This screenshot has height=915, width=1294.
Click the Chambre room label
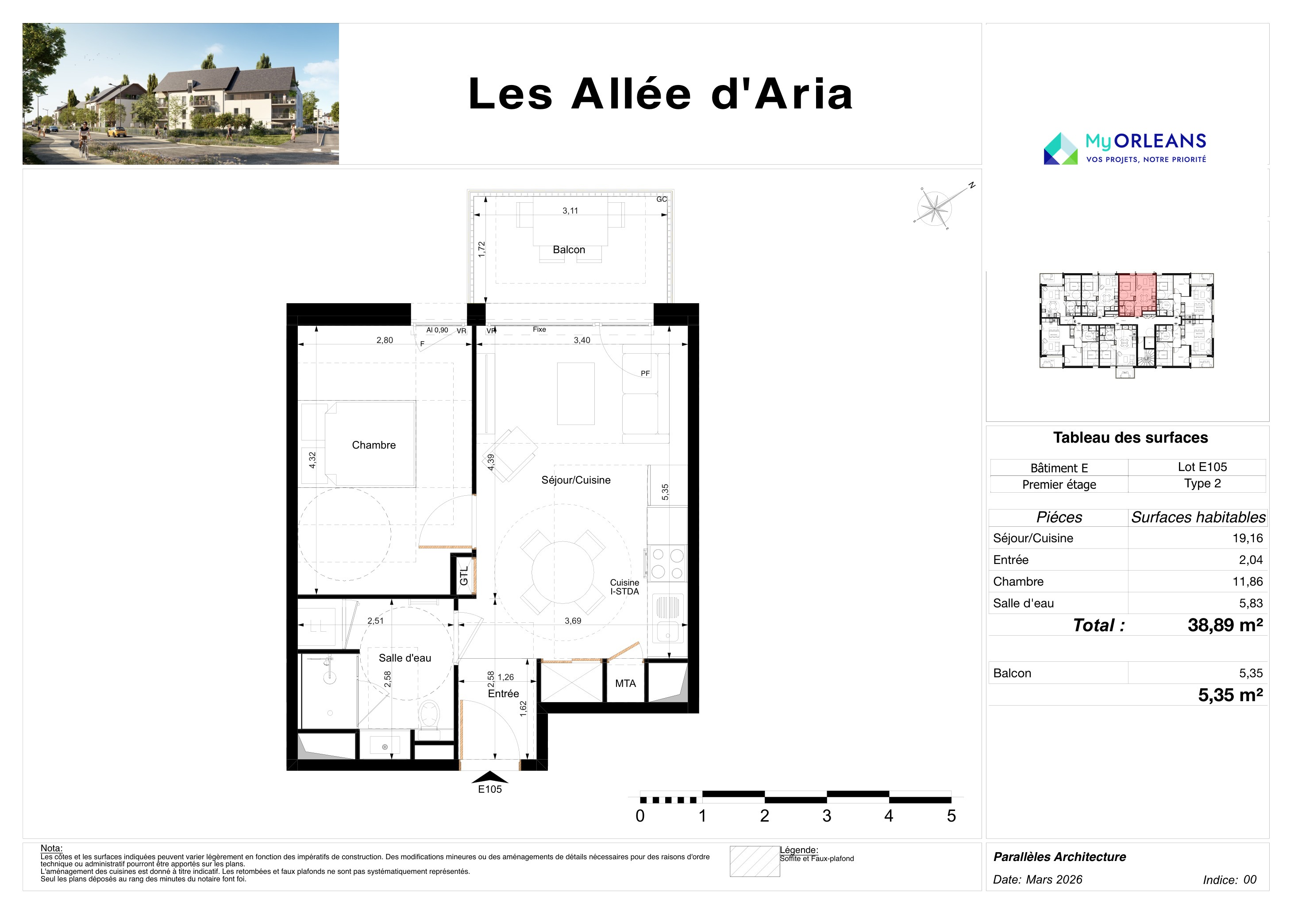[x=374, y=445]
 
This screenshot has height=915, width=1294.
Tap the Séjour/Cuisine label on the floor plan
[x=575, y=480]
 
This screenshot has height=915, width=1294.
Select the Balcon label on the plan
[x=569, y=249]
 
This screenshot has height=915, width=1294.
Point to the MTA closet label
[x=625, y=683]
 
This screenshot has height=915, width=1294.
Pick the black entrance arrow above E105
[x=490, y=777]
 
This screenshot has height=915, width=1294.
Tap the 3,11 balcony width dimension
[x=570, y=211]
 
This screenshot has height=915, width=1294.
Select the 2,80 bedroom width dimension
[x=385, y=340]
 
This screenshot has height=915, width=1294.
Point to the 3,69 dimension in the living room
[x=573, y=621]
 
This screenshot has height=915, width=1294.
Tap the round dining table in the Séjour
[x=562, y=572]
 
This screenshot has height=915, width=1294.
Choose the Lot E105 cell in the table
[x=1202, y=467]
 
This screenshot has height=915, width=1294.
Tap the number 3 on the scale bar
[x=827, y=816]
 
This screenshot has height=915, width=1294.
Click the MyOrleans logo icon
[x=1061, y=149]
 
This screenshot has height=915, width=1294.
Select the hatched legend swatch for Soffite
[x=755, y=861]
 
